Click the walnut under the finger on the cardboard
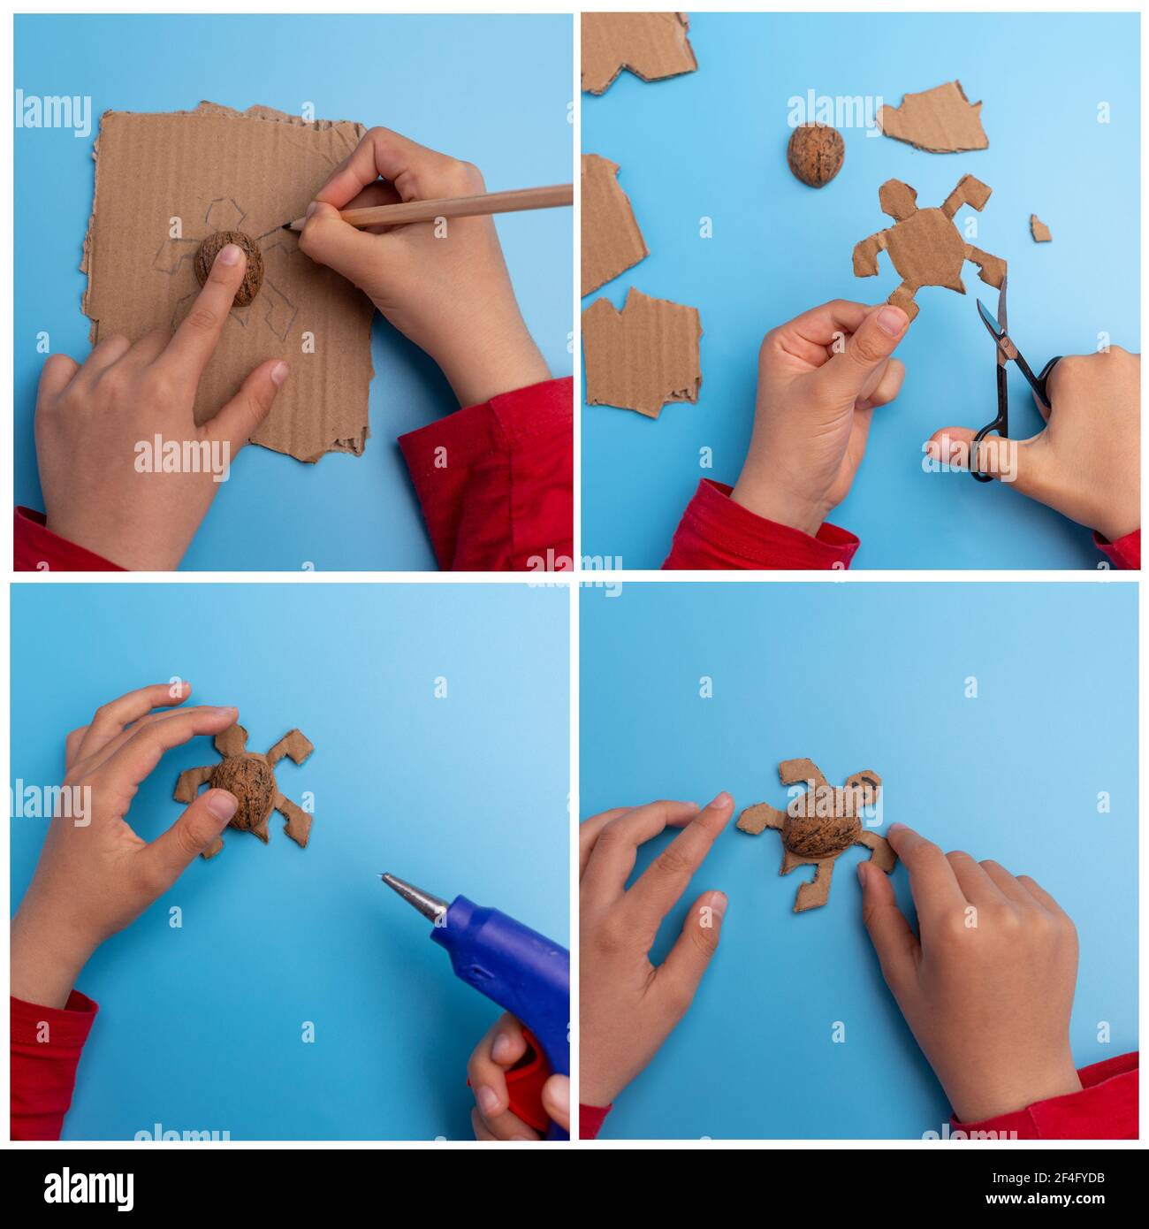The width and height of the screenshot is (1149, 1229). (x=229, y=270)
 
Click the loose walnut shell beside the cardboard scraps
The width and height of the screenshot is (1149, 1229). (x=815, y=154)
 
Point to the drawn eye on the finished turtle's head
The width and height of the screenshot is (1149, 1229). (x=868, y=784)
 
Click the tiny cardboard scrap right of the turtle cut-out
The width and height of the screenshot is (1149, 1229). (x=1040, y=227)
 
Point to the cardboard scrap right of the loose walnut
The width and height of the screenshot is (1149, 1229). (x=932, y=119)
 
